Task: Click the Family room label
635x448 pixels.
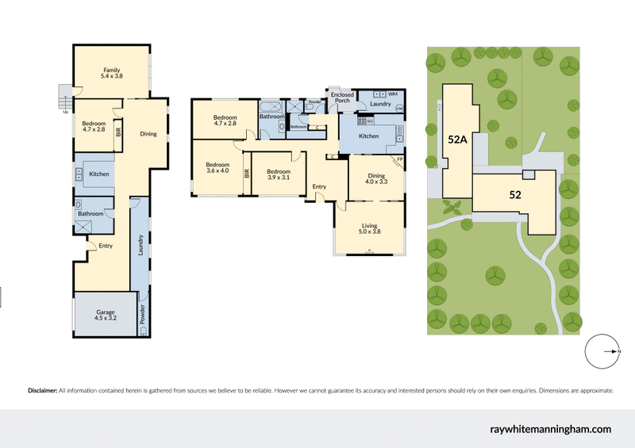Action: (111, 74)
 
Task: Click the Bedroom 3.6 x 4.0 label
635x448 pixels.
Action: (217, 167)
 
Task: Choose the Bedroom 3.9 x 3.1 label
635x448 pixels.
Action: (278, 174)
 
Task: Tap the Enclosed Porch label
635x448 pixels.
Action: (343, 98)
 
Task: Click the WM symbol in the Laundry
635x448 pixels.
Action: (392, 94)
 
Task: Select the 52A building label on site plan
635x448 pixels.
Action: (457, 139)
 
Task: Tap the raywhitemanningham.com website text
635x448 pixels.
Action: (550, 429)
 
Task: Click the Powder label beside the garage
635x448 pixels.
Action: (142, 315)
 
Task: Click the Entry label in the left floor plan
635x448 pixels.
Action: (106, 246)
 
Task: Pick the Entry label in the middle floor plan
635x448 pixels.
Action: (319, 186)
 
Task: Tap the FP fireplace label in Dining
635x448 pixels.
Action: (399, 159)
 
